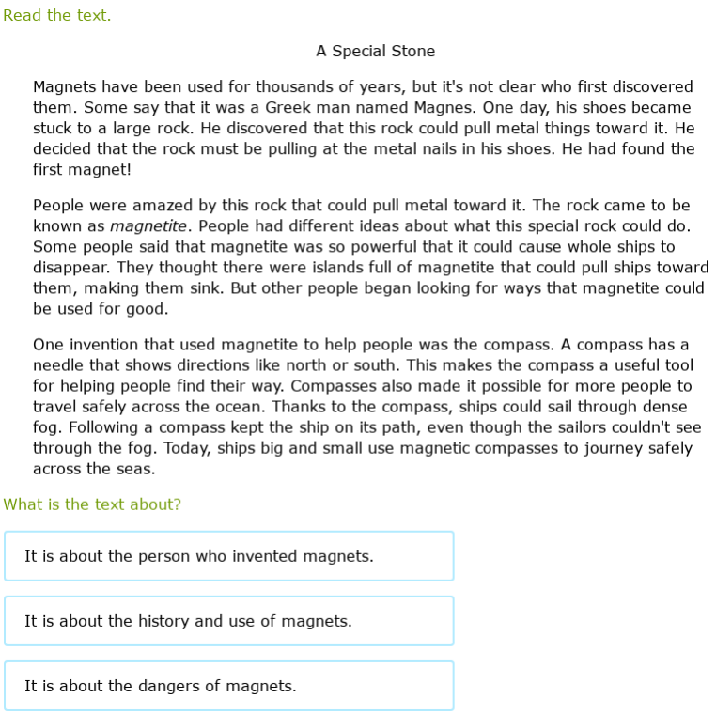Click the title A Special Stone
click(x=375, y=51)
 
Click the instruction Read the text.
click(x=56, y=15)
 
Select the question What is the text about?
click(x=92, y=504)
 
